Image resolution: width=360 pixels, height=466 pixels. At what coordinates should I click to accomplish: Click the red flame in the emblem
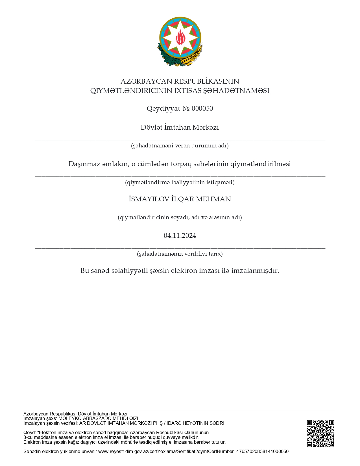(180, 37)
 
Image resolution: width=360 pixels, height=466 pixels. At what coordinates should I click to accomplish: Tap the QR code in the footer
(320, 434)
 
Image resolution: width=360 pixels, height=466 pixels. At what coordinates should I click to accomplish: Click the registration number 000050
(202, 108)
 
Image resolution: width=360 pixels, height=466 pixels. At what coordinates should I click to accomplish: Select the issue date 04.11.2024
(180, 236)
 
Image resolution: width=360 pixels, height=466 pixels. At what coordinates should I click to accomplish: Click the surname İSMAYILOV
(149, 199)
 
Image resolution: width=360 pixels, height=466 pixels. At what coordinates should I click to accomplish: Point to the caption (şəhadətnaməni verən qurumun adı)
(180, 146)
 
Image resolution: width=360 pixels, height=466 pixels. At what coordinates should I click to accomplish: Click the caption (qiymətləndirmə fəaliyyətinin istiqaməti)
(180, 182)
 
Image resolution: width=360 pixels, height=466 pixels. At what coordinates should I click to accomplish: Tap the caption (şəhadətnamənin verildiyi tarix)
(180, 254)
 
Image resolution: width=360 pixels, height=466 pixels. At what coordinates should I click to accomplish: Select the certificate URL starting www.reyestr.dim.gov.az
(193, 451)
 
